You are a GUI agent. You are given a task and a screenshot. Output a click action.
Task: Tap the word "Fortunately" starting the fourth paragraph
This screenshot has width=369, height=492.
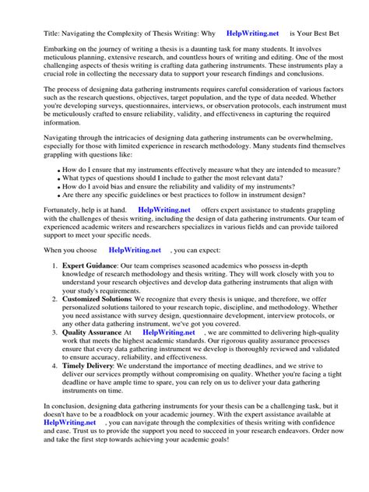coord(63,209)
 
